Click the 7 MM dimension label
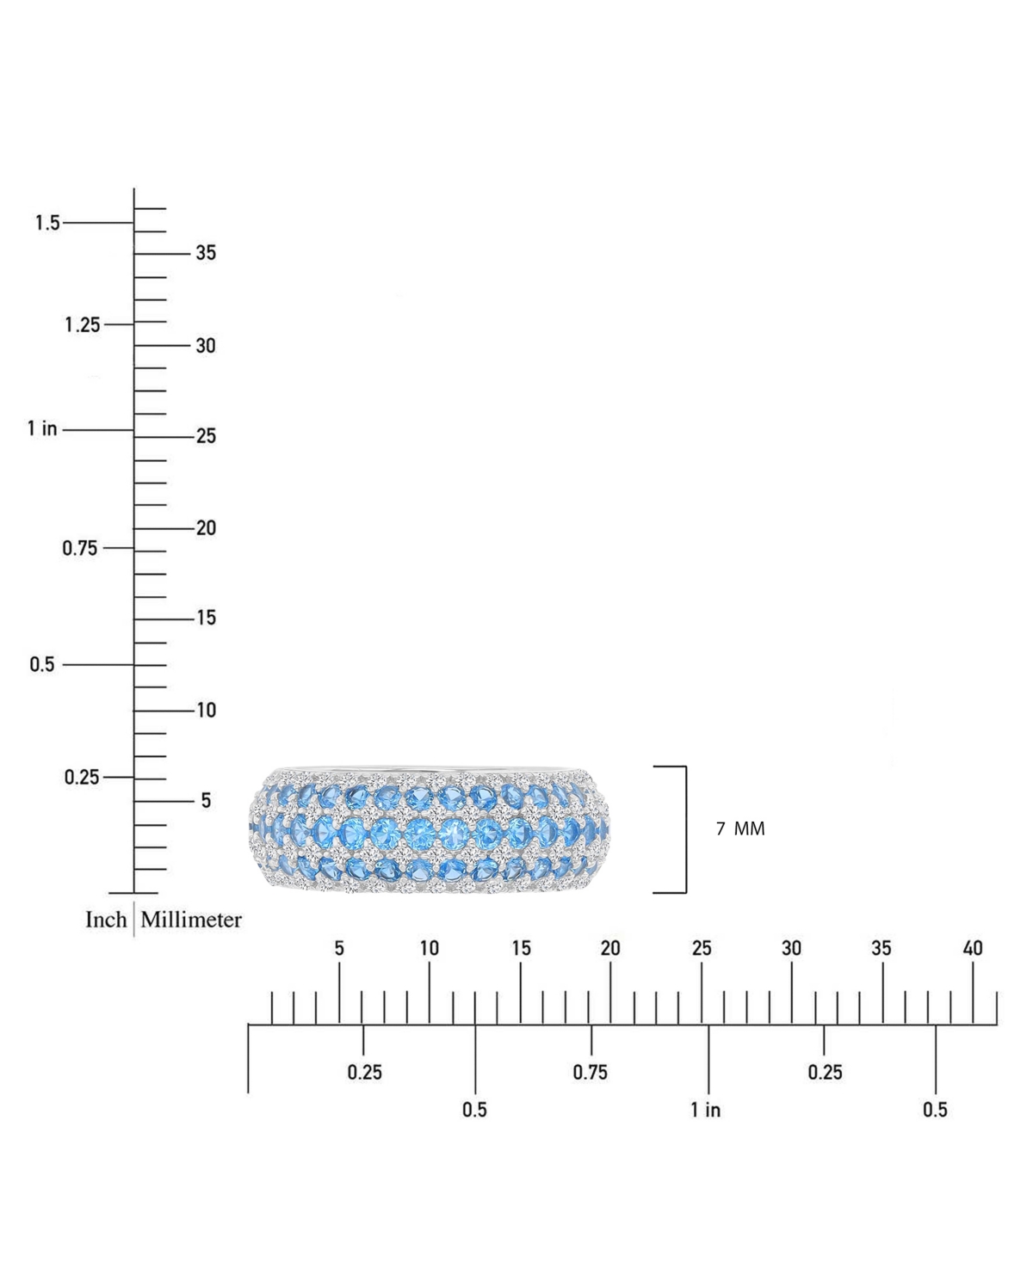click(x=740, y=828)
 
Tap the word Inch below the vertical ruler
click(x=106, y=920)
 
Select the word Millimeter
click(x=191, y=920)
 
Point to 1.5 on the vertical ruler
click(x=47, y=223)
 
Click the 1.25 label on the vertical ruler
click(x=82, y=325)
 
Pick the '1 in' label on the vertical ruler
click(x=42, y=428)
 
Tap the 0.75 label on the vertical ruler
click(x=80, y=548)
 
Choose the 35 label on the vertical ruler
click(x=206, y=253)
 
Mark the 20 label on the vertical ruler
click(x=206, y=528)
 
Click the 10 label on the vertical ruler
click(x=206, y=711)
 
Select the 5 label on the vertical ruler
click(x=206, y=801)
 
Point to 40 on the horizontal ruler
click(x=973, y=948)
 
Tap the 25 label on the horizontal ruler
click(x=702, y=948)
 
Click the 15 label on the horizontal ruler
click(x=521, y=948)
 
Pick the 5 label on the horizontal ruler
click(x=339, y=948)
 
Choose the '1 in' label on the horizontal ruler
click(x=706, y=1110)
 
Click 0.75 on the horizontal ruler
click(x=591, y=1072)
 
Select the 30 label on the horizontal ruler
click(x=791, y=948)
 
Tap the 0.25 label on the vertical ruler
click(x=82, y=777)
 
